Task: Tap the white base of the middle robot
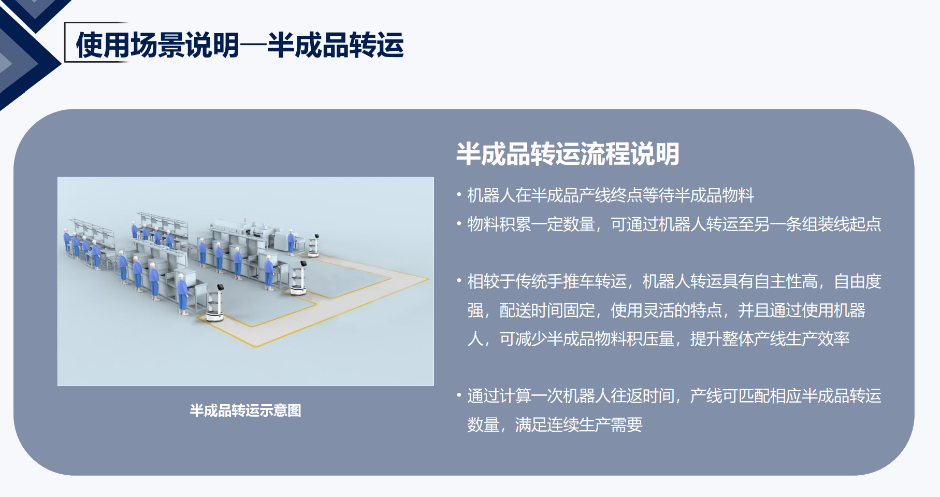click(x=298, y=290)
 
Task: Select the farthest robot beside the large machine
click(x=313, y=246)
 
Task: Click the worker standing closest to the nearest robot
click(x=182, y=295)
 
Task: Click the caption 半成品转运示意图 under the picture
click(x=245, y=410)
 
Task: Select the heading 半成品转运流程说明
click(x=568, y=154)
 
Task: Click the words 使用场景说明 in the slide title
click(x=157, y=45)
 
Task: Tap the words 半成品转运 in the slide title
click(x=335, y=45)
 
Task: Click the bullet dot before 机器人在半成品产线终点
click(x=459, y=195)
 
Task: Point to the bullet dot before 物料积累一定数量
click(x=459, y=224)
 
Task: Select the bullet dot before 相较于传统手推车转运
click(x=459, y=281)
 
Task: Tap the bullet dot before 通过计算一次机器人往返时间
click(x=459, y=396)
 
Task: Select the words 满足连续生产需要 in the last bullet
click(x=579, y=425)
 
